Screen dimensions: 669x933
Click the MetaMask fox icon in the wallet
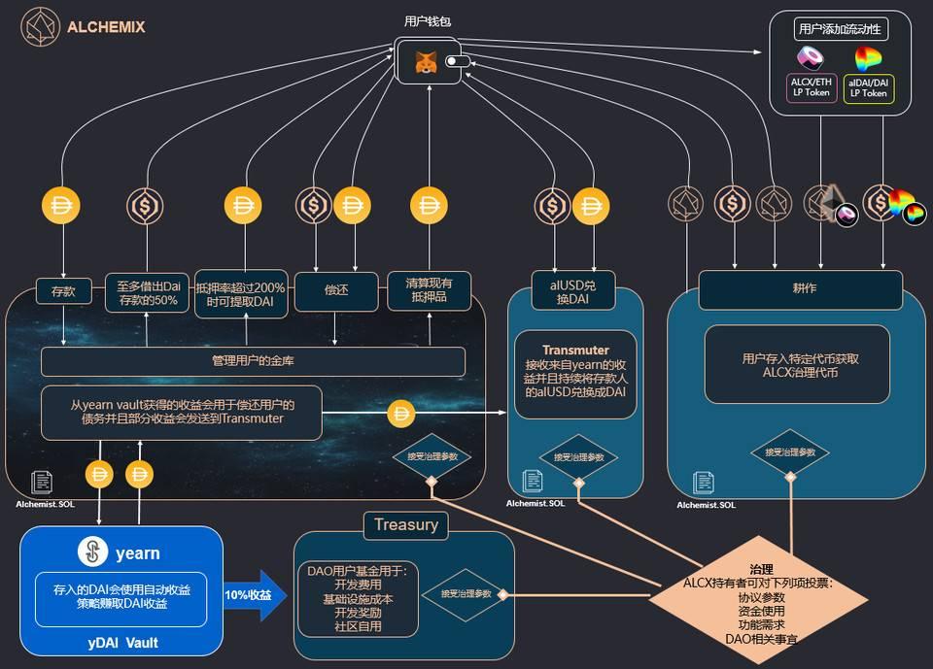point(426,62)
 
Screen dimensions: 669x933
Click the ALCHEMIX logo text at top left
point(106,27)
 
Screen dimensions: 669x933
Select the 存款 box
point(63,289)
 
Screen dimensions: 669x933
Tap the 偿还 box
point(335,289)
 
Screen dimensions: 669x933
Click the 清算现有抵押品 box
point(429,289)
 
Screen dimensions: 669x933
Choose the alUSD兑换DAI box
point(574,290)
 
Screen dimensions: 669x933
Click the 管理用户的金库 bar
point(253,361)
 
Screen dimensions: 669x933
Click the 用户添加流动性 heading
point(839,28)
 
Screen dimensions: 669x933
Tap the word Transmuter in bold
point(575,350)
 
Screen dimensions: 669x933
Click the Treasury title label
point(406,525)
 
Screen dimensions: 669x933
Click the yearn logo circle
point(93,553)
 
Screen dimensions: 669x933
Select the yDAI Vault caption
point(121,642)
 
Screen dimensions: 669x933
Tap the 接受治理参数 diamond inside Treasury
point(472,593)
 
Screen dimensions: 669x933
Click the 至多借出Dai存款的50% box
point(148,289)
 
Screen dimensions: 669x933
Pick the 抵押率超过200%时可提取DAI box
point(241,289)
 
